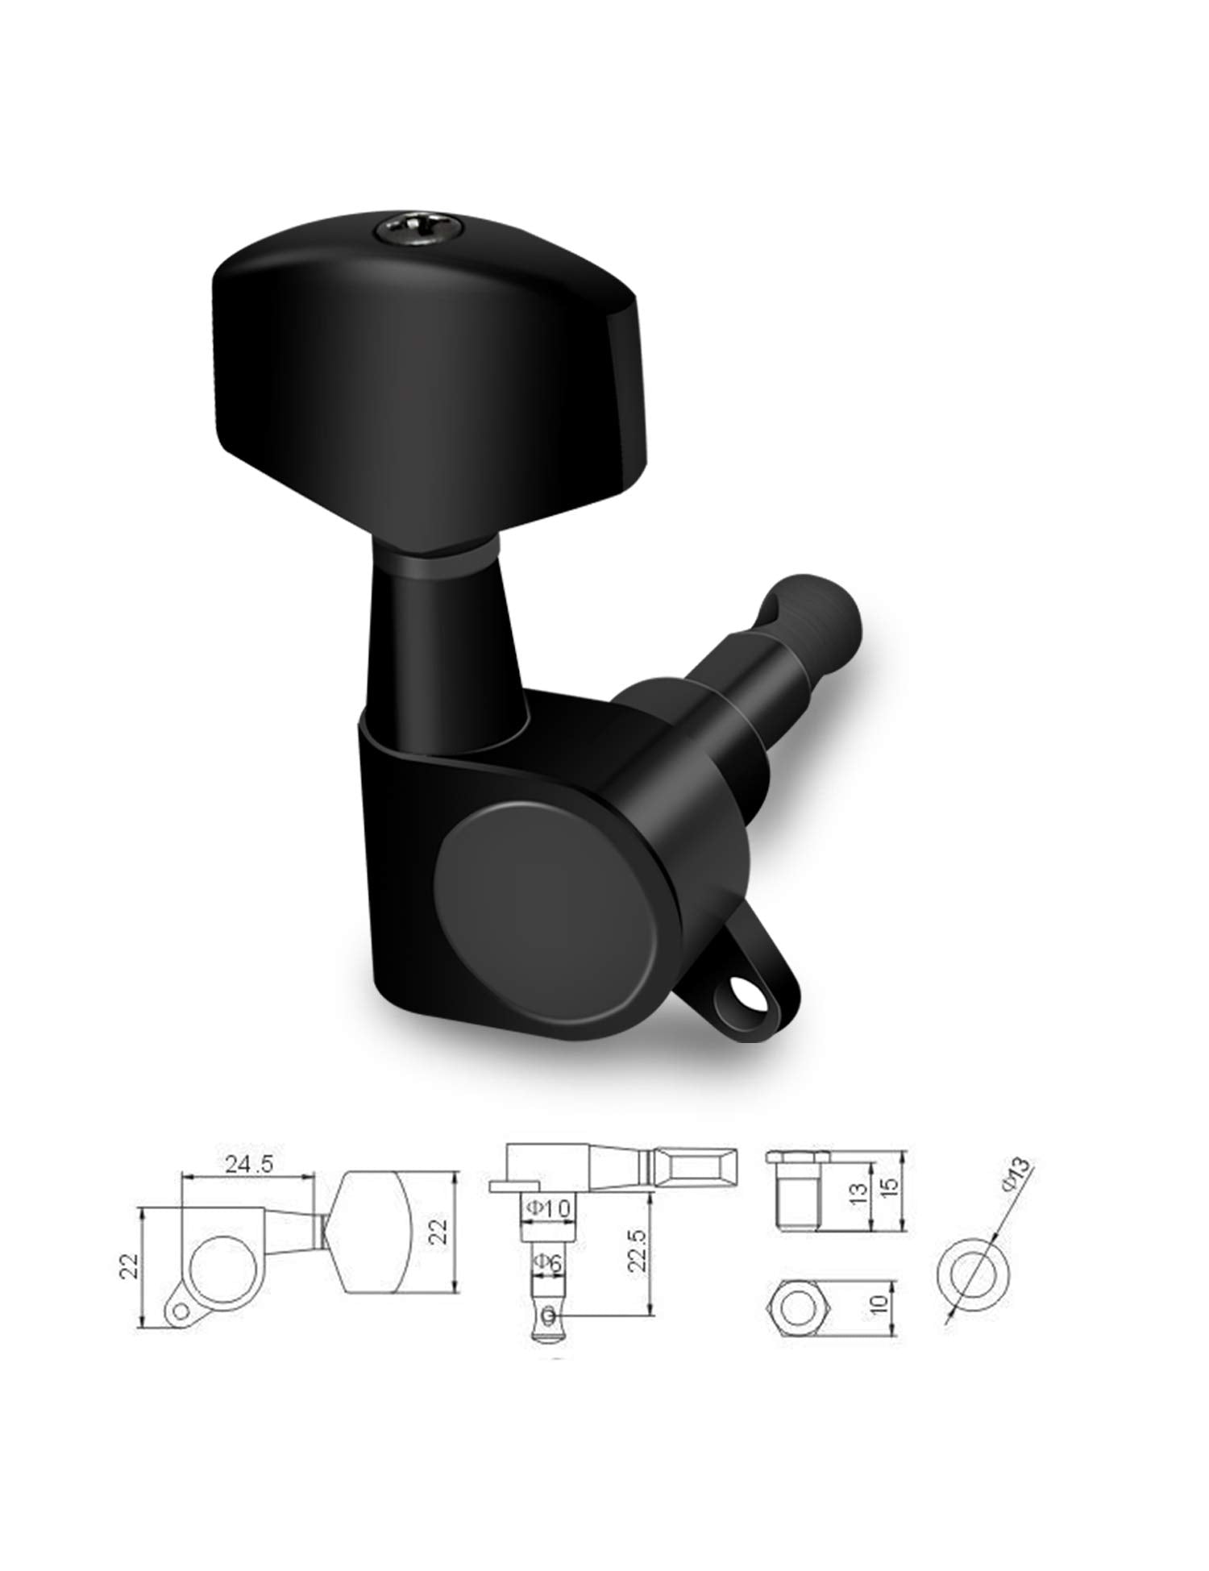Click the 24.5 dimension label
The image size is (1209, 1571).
click(247, 1164)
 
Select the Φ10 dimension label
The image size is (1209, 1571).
click(547, 1207)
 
